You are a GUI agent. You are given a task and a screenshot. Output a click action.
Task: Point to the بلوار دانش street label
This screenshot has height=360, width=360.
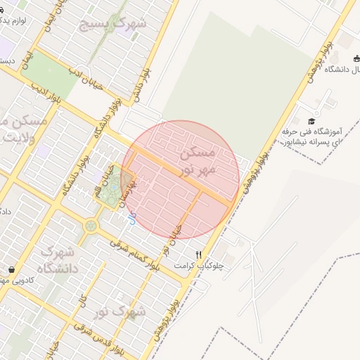(x=143, y=82)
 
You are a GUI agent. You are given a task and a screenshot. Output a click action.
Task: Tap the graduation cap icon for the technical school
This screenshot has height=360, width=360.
(x=312, y=121)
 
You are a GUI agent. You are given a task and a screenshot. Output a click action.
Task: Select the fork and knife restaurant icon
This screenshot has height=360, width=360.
(x=199, y=255)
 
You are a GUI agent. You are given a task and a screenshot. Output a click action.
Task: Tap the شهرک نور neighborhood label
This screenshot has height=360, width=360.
(x=121, y=309)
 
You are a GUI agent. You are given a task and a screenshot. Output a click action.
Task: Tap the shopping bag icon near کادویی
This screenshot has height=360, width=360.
(x=11, y=269)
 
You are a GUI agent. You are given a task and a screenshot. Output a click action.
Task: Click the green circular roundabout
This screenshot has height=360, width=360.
(x=91, y=226)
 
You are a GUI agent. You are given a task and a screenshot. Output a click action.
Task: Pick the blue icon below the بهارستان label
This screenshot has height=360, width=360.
(x=131, y=219)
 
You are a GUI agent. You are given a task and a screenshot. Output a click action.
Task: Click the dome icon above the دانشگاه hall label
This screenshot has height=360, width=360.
(x=346, y=58)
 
